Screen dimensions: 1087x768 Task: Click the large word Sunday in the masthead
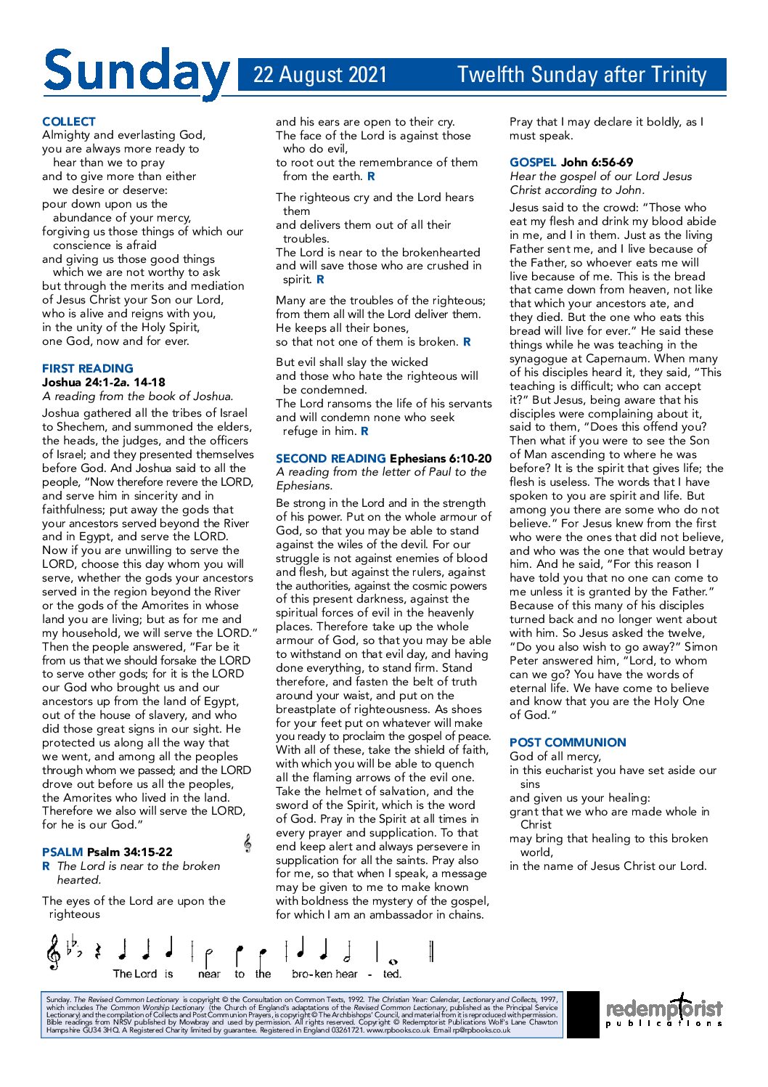point(136,73)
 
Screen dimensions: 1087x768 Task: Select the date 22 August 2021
point(320,75)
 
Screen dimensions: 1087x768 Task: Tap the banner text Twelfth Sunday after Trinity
point(581,75)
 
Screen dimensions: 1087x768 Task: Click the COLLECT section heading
point(69,121)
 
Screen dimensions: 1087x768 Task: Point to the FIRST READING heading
point(88,368)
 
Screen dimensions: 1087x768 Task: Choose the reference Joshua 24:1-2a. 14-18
point(104,382)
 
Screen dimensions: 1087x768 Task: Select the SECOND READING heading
point(330,458)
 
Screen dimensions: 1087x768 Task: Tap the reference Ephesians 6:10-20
point(441,458)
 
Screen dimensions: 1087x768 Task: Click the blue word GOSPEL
point(533,162)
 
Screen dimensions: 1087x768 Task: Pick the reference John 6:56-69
point(597,162)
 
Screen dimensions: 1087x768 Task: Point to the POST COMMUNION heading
point(568,742)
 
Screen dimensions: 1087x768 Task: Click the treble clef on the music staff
point(53,952)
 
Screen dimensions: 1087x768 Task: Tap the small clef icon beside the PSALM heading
point(248,843)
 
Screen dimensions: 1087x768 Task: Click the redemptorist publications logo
point(664,1011)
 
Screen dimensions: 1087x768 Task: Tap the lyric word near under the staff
point(209,974)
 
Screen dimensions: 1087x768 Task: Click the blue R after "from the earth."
point(371,176)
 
